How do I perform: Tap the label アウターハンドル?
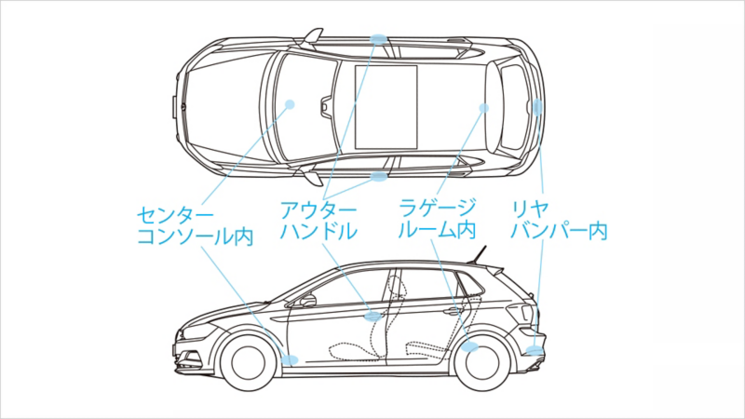(318, 220)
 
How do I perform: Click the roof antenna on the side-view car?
(481, 254)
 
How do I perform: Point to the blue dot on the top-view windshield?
(290, 104)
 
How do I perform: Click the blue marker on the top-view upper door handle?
(379, 39)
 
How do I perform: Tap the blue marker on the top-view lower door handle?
(379, 175)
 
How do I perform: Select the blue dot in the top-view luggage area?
(483, 108)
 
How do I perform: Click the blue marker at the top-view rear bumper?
(538, 107)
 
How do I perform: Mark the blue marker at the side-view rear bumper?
(535, 350)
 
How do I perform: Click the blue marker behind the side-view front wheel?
(290, 358)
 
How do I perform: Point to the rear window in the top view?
(512, 106)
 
